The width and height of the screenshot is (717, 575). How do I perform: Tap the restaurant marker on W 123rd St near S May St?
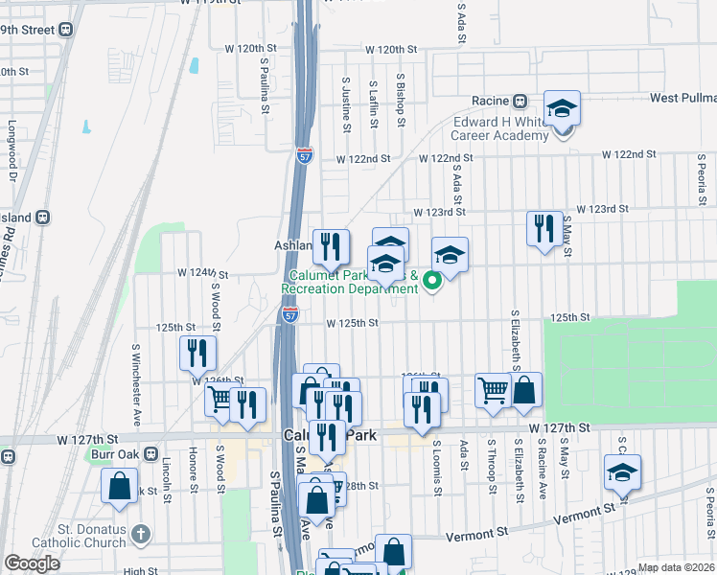point(544,229)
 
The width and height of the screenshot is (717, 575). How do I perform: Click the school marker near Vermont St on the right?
point(622,473)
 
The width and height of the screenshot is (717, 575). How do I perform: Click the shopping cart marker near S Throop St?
point(493,391)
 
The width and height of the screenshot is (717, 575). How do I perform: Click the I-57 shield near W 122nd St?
point(304,155)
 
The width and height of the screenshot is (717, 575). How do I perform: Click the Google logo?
point(33,563)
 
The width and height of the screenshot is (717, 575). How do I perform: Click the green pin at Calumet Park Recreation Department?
point(431,281)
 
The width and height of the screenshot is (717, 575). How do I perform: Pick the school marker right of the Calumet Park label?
point(449,256)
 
